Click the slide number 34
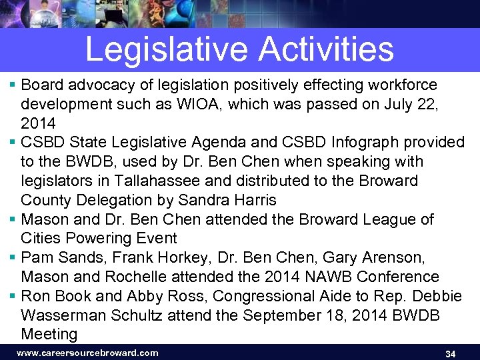click(x=450, y=353)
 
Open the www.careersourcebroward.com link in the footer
click(x=87, y=353)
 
